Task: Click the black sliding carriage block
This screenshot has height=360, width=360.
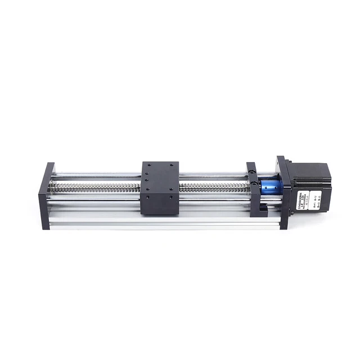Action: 160,188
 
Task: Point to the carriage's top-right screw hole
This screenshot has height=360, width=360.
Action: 172,166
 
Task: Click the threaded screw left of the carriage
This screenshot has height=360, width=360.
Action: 96,186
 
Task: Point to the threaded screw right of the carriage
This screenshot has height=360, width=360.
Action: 214,186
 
